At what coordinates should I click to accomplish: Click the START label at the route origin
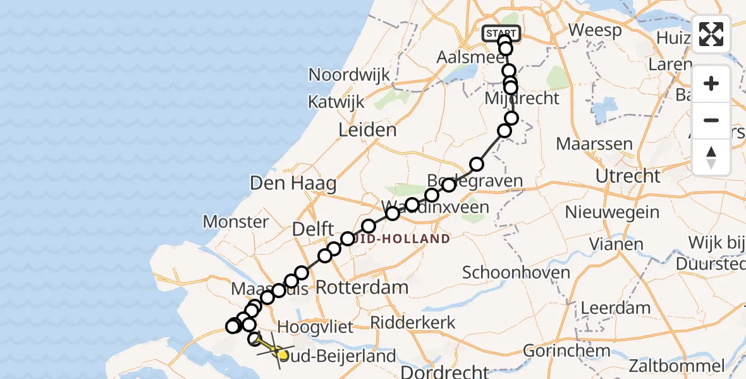click(501, 33)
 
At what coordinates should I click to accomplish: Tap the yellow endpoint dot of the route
click(283, 355)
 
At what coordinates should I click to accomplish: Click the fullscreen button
click(711, 34)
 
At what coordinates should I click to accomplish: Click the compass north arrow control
click(711, 157)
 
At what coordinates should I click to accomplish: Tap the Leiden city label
click(368, 131)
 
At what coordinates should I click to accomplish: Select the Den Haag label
click(293, 184)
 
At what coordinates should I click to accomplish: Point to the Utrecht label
click(628, 176)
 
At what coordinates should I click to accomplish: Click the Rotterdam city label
click(362, 288)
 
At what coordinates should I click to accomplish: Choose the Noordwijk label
click(349, 75)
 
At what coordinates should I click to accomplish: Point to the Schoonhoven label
click(510, 273)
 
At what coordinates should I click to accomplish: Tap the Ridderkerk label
click(413, 322)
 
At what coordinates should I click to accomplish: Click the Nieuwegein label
click(613, 212)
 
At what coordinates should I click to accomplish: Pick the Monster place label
click(236, 222)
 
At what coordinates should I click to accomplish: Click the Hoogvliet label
click(315, 327)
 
